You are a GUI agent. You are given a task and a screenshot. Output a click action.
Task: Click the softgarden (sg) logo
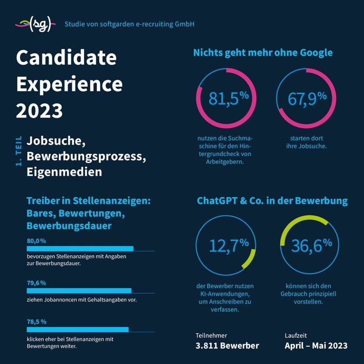pyautogui.click(x=34, y=24)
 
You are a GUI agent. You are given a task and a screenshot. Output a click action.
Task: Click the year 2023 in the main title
pyautogui.click(x=39, y=111)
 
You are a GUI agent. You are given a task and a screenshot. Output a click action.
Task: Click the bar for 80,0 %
pyautogui.click(x=80, y=249)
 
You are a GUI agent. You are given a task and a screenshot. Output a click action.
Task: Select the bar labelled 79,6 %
pyautogui.click(x=79, y=290)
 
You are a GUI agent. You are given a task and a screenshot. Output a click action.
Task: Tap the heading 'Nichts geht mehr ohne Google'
pyautogui.click(x=262, y=52)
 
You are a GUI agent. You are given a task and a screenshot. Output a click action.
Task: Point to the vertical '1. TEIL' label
pyautogui.click(x=18, y=151)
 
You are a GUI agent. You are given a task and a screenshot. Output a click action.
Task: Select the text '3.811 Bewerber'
pyautogui.click(x=227, y=346)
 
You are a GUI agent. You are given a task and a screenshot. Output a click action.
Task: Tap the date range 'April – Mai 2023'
pyautogui.click(x=316, y=346)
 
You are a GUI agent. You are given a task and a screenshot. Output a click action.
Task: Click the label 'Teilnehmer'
pyautogui.click(x=211, y=335)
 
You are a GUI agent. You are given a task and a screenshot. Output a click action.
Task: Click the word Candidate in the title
pyautogui.click(x=66, y=57)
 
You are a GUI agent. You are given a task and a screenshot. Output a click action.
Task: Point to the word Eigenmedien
pyautogui.click(x=65, y=172)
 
